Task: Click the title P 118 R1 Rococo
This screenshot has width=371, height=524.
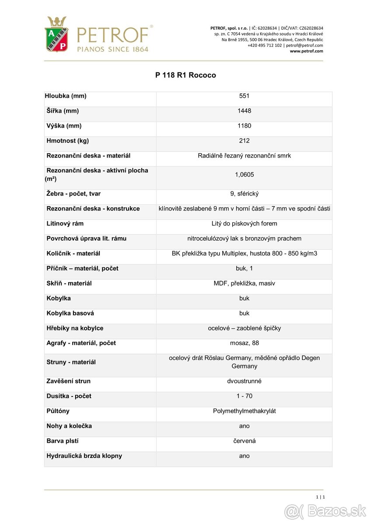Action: (185, 75)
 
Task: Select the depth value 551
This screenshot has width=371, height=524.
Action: (244, 96)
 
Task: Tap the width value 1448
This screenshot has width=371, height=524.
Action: (244, 111)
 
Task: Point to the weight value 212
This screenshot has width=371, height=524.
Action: (244, 141)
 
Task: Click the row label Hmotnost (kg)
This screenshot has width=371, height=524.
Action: (68, 141)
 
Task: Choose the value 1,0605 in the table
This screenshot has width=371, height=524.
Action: (244, 175)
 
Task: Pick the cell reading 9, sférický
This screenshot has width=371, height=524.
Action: (244, 194)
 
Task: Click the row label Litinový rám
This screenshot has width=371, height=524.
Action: (65, 224)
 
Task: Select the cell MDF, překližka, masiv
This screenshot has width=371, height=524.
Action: (244, 283)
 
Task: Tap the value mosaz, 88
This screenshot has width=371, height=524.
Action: (244, 343)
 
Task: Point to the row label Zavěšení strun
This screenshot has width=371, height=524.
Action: (69, 381)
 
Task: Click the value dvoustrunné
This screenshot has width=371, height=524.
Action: (244, 381)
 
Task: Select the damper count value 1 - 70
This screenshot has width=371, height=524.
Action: (244, 396)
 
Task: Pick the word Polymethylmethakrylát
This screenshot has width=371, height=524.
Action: (244, 411)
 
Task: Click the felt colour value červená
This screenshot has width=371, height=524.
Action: (244, 441)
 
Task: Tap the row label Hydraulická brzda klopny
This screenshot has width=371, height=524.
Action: (84, 456)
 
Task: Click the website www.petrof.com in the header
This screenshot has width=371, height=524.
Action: (306, 51)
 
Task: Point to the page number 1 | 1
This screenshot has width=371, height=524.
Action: (320, 497)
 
